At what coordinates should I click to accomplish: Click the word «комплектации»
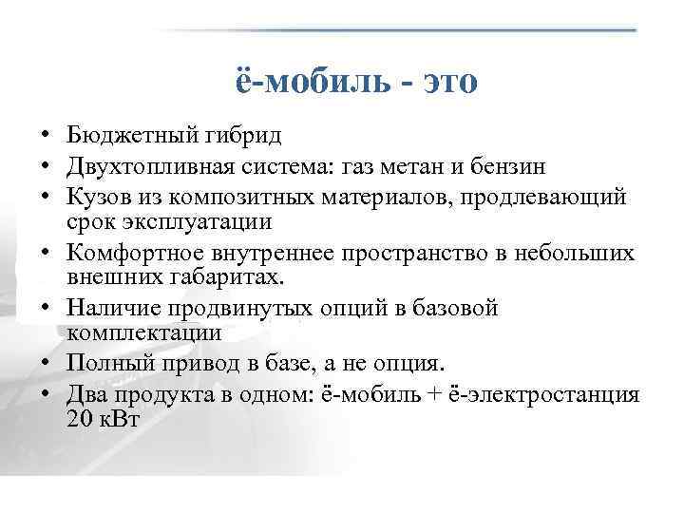coord(143,332)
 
